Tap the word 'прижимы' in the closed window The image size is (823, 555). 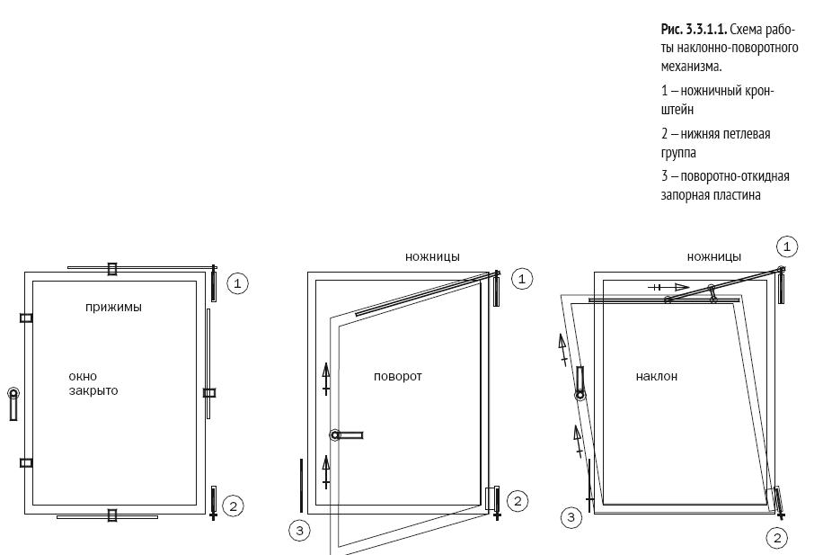(x=113, y=308)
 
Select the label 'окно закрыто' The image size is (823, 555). (x=93, y=384)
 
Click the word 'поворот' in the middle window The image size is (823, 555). (x=397, y=377)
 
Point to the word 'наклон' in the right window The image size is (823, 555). (x=656, y=377)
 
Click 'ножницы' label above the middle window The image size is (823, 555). (x=432, y=257)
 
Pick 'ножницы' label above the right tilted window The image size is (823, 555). (x=714, y=257)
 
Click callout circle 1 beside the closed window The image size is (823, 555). (x=237, y=283)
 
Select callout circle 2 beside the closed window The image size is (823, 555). (x=232, y=506)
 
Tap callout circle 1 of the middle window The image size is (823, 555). (x=522, y=279)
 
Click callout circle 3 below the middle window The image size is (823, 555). (x=300, y=531)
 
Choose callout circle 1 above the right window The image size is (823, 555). (x=786, y=246)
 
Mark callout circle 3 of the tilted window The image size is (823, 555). (x=571, y=517)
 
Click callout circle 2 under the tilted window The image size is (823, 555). (x=777, y=538)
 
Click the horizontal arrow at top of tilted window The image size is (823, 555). (x=669, y=287)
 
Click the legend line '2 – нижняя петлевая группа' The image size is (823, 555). (x=715, y=143)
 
